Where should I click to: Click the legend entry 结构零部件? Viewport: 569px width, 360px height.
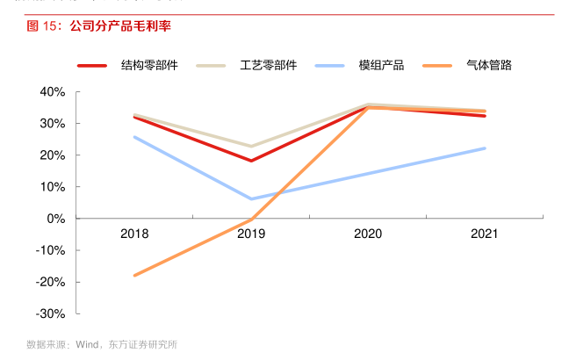149,65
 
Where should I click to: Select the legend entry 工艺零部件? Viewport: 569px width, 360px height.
268,65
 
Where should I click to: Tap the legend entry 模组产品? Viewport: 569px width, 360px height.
381,65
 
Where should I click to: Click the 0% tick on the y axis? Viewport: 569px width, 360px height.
56,219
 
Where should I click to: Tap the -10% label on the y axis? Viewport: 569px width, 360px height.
51,250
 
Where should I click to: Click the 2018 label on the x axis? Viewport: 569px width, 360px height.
134,234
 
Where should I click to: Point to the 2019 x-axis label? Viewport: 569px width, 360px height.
251,234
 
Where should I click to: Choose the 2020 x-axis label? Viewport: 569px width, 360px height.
368,234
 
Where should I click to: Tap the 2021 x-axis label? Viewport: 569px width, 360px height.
485,234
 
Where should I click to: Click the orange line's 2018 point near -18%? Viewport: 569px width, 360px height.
134,276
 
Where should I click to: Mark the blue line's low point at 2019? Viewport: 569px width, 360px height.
251,198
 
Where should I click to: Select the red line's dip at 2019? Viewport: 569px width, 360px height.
251,161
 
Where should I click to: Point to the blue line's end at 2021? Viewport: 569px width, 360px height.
485,148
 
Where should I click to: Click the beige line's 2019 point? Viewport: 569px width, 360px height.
251,146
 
